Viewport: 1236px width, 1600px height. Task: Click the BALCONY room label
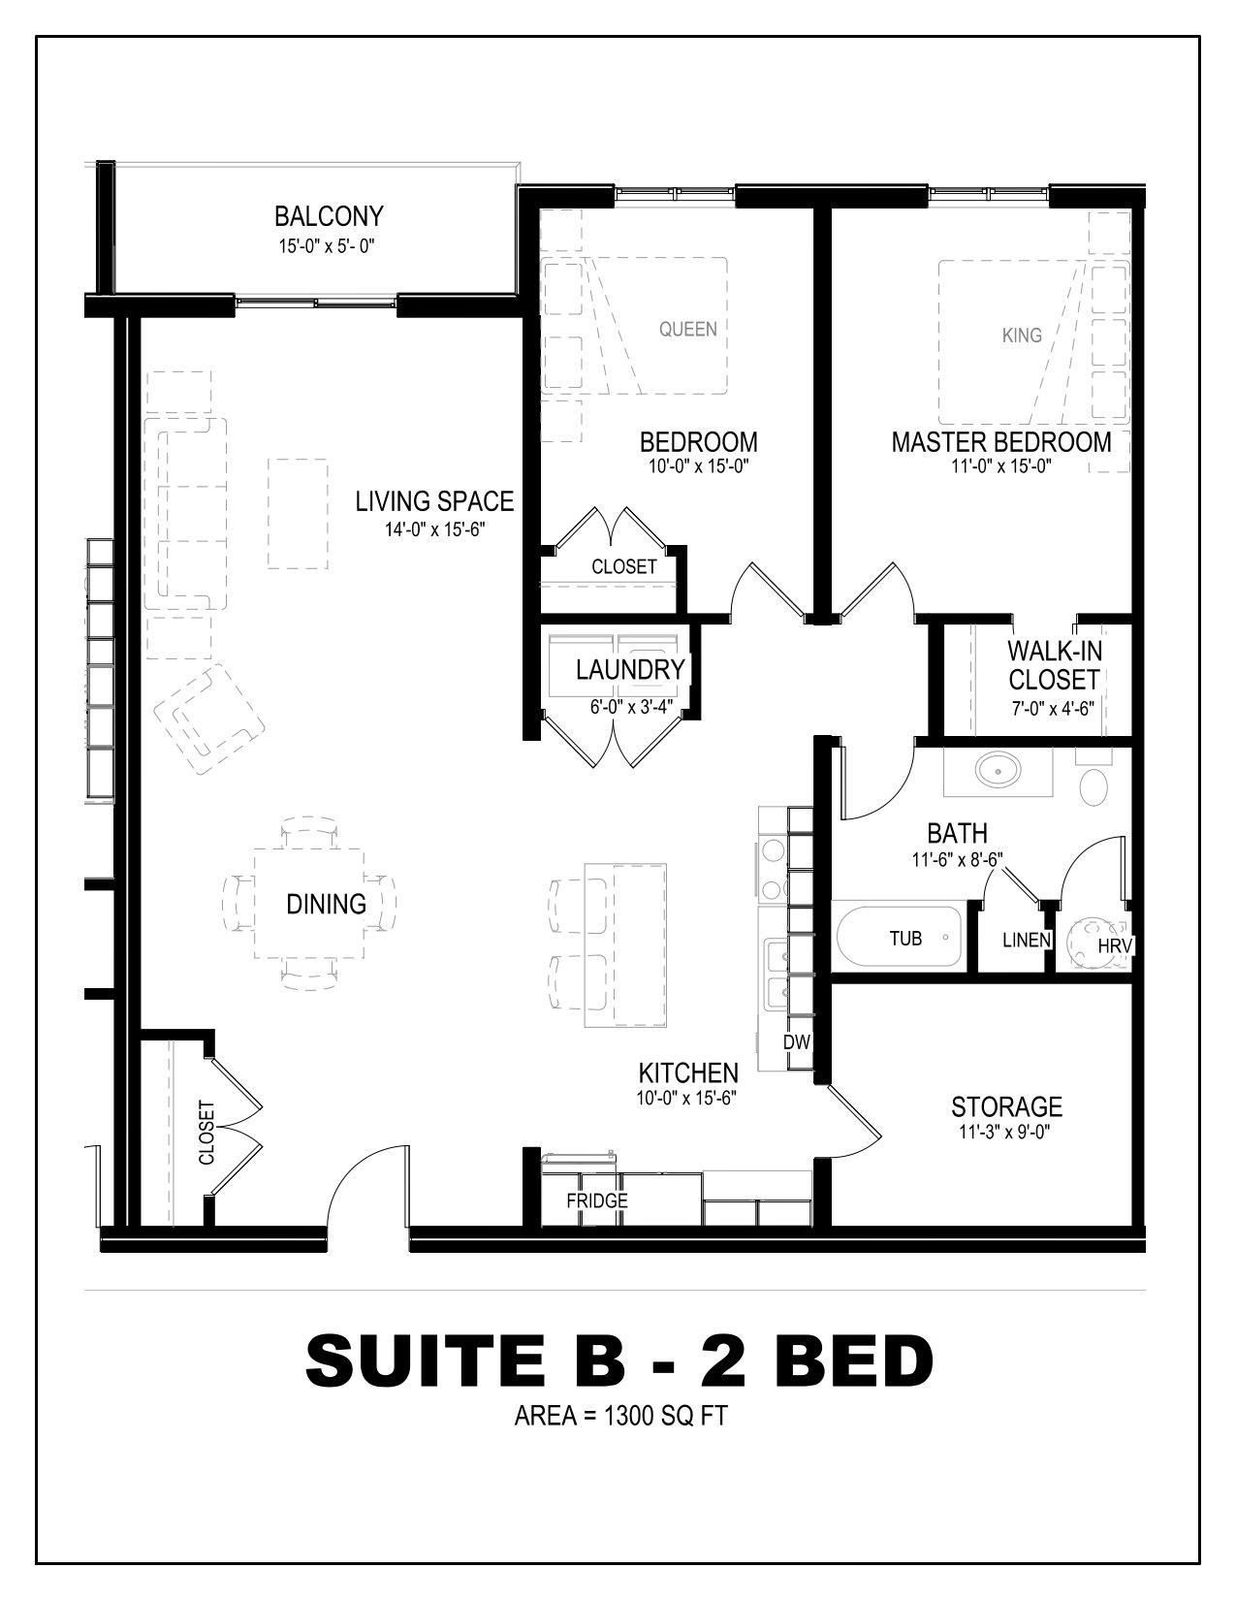329,216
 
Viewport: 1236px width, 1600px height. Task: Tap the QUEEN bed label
687,329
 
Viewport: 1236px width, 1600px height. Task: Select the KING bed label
1022,336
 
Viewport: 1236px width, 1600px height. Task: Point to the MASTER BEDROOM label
1001,442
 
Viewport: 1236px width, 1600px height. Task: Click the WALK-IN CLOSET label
1054,665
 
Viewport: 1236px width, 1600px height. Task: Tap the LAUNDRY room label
630,669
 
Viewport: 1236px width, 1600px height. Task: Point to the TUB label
905,938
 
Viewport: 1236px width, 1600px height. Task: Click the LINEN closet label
1027,940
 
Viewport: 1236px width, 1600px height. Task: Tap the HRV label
1115,945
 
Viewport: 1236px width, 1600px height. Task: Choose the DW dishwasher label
797,1041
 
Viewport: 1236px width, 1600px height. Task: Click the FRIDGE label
597,1200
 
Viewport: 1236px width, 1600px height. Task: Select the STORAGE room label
1006,1106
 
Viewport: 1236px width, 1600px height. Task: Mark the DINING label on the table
326,904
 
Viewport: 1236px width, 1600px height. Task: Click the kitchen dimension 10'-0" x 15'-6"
687,1099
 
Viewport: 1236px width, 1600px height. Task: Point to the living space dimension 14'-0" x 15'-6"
435,528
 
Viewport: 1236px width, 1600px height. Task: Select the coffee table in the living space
298,513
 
